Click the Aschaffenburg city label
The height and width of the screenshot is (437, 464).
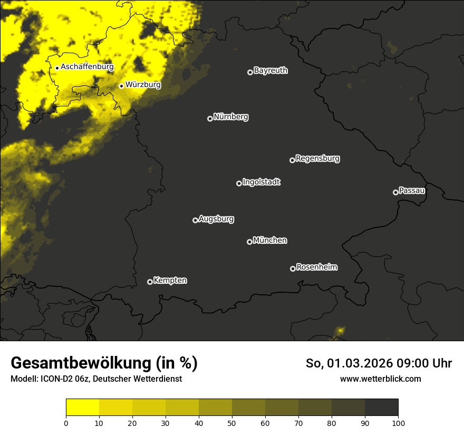click(x=87, y=67)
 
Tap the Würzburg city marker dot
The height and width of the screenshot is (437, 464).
click(x=121, y=86)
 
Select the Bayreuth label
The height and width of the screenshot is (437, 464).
click(x=270, y=71)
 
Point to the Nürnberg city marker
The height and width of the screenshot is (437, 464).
click(x=210, y=118)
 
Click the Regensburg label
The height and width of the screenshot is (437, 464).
click(x=317, y=158)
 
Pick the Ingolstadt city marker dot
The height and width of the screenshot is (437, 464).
click(x=239, y=183)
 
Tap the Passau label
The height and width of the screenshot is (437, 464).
click(x=412, y=190)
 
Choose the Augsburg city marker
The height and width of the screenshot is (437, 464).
click(x=195, y=220)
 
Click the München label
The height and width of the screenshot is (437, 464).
click(x=270, y=240)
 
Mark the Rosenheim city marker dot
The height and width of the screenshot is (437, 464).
click(x=293, y=269)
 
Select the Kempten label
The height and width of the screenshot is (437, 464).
click(x=170, y=280)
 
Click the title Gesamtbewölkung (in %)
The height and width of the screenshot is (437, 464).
click(x=104, y=363)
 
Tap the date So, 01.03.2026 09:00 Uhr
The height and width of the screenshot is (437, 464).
click(x=379, y=363)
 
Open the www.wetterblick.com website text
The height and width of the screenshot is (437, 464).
click(x=380, y=379)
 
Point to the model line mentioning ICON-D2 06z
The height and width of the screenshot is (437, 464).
click(x=96, y=379)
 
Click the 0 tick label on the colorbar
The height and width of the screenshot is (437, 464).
click(x=66, y=422)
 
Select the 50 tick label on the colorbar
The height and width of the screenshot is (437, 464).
click(x=232, y=422)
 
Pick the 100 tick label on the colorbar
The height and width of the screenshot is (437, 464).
click(x=398, y=422)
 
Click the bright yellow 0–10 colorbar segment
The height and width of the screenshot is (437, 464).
click(x=82, y=407)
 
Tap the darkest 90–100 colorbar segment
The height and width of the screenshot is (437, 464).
click(x=381, y=407)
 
